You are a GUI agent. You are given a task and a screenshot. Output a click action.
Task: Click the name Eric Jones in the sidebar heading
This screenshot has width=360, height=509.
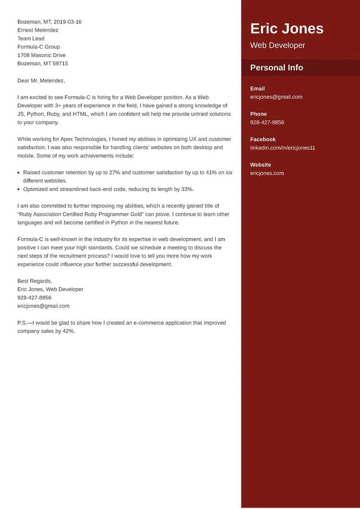287,29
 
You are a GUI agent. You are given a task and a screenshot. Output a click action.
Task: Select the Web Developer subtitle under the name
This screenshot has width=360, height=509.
277,46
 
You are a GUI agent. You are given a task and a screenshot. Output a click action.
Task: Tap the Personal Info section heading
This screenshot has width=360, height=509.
276,68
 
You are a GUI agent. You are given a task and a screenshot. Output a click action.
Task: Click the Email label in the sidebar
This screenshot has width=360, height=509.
257,89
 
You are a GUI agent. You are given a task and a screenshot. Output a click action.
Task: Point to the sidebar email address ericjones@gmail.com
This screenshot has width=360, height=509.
276,97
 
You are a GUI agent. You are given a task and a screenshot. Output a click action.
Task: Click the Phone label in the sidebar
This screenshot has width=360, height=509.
258,114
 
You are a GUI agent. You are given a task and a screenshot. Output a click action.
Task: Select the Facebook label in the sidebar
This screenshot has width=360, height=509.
263,140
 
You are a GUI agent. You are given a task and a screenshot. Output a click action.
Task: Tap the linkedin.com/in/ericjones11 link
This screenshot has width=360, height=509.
282,148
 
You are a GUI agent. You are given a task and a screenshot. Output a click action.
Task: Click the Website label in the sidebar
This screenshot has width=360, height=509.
260,165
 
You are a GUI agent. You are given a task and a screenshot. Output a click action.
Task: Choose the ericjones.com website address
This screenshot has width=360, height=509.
267,173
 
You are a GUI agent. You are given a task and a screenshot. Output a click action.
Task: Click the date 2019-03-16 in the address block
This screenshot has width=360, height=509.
68,22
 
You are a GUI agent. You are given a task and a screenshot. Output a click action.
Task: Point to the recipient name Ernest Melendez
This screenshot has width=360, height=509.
38,30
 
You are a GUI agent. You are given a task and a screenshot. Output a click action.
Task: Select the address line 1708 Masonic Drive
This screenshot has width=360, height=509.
41,55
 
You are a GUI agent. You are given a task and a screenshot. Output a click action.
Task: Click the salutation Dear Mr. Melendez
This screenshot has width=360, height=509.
41,81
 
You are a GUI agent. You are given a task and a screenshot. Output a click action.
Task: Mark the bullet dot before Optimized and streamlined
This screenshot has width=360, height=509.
18,189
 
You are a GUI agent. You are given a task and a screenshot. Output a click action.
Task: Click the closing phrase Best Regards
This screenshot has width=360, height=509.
35,281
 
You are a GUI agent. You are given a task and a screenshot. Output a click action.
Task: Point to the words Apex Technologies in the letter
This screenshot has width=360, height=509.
84,139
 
